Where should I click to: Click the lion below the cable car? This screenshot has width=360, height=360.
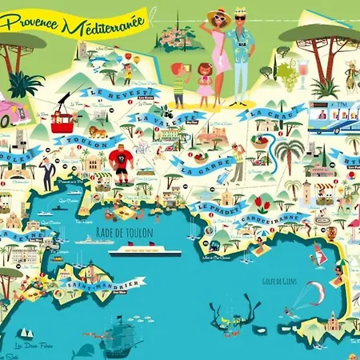coord(97,131)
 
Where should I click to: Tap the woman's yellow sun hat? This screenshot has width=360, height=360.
coord(218,16)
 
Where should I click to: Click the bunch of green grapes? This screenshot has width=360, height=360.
coord(286,75)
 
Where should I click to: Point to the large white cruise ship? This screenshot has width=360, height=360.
coord(145,249)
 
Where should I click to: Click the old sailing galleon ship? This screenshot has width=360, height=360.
coord(119,331)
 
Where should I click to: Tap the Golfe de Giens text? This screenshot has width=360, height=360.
coord(278,281)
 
